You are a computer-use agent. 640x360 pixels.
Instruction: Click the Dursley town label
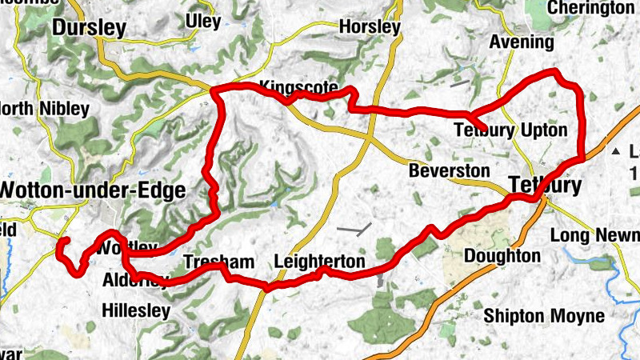90,29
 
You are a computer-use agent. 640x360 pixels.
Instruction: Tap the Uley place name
203,21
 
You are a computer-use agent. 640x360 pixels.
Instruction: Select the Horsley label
369,27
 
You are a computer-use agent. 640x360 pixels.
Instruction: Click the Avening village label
521,42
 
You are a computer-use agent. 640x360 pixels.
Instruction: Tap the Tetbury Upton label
510,130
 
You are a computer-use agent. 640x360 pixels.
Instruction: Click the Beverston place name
449,171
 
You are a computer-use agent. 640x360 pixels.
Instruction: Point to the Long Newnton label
596,235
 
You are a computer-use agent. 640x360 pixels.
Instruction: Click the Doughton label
502,256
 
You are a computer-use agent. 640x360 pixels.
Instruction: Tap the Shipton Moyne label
542,315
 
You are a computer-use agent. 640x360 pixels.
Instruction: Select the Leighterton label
319,262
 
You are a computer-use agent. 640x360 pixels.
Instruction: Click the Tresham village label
218,262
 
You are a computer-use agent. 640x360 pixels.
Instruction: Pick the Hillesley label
137,310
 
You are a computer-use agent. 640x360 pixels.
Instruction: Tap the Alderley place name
135,281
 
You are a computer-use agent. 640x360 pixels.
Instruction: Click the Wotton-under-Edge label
93,190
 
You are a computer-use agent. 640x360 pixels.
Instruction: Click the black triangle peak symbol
615,151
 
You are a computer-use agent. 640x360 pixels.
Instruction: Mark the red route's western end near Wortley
64,240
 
